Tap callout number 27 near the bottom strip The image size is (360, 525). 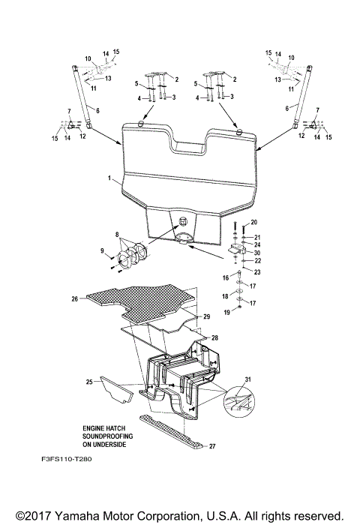[x=212, y=447]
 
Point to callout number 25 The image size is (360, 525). [x=89, y=382]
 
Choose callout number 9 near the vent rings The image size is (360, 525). [x=103, y=250]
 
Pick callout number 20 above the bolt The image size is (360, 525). [x=253, y=223]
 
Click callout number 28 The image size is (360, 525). [x=214, y=339]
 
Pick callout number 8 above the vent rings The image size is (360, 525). [x=117, y=235]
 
